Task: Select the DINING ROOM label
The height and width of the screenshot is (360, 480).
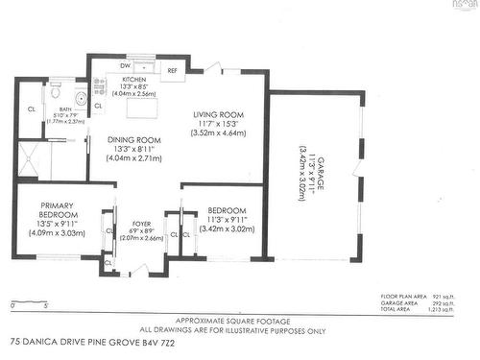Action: click(134, 139)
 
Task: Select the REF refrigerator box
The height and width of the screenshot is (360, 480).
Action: click(173, 71)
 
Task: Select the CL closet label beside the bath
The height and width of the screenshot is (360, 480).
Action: click(31, 108)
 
